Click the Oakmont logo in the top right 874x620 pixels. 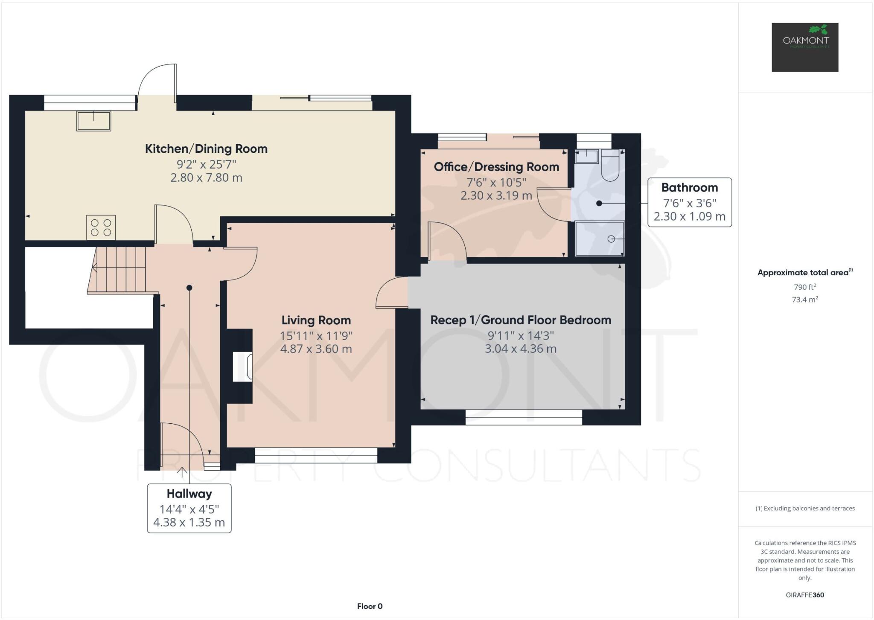(804, 47)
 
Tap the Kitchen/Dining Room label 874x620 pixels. (206, 148)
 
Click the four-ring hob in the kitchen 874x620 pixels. (101, 227)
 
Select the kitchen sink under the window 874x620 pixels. (93, 121)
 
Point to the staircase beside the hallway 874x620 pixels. (119, 269)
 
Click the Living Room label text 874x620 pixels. (316, 320)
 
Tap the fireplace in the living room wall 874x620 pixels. (242, 367)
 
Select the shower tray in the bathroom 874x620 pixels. (599, 239)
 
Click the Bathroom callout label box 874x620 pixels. (689, 202)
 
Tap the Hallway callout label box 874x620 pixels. (189, 508)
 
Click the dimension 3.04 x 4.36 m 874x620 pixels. (520, 349)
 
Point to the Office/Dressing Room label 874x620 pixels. (496, 167)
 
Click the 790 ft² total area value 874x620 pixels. (804, 287)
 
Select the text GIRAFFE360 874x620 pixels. (804, 595)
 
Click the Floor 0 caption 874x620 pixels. (370, 606)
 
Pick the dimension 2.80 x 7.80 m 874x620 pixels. (206, 178)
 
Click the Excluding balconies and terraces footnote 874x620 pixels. (805, 508)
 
